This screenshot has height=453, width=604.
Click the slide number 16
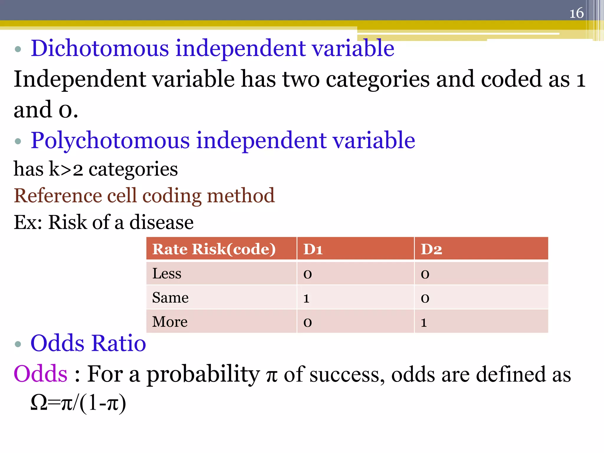click(576, 13)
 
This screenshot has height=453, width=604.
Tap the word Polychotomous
click(110, 140)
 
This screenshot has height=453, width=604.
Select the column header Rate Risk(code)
click(214, 249)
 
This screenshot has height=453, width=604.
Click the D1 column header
click(313, 249)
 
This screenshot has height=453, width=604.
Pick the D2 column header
click(431, 249)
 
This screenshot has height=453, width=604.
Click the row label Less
click(167, 273)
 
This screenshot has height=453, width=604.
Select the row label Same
click(170, 298)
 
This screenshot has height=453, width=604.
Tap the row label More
click(170, 322)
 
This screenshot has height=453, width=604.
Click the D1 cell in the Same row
click(306, 298)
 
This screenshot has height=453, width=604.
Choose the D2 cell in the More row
click(424, 322)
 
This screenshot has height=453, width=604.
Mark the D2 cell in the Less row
click(425, 274)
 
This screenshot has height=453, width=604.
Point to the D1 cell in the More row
click(307, 322)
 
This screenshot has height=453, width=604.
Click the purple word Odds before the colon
click(40, 374)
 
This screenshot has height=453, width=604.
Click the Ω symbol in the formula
click(39, 403)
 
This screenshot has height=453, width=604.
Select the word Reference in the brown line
click(57, 196)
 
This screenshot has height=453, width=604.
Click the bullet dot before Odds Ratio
click(18, 344)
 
